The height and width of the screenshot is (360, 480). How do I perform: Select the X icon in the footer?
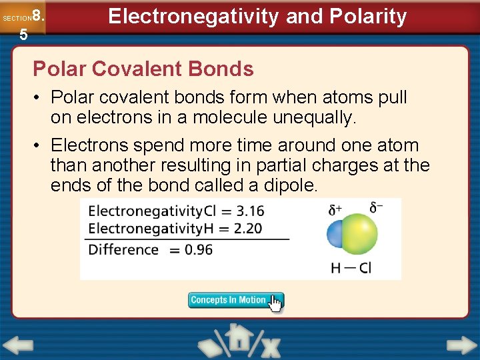[x=270, y=347]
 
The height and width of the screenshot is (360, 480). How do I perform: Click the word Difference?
[x=123, y=250]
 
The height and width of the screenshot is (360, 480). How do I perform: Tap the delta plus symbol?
[x=335, y=209]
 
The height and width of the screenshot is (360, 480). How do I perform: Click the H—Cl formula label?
[x=351, y=268]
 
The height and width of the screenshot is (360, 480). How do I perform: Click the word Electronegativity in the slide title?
[x=193, y=16]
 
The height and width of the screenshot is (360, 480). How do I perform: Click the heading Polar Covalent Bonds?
[x=143, y=69]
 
